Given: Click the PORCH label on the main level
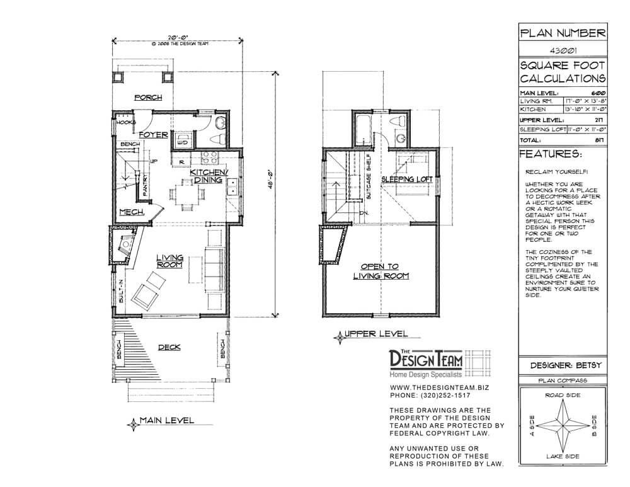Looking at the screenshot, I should (149, 98).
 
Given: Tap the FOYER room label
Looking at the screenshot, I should (153, 135).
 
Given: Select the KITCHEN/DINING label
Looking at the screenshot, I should (209, 176).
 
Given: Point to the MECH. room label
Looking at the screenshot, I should (132, 212).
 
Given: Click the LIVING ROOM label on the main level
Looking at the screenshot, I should (169, 261).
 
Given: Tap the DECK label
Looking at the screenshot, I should (170, 347).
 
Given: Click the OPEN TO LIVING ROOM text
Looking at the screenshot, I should (381, 271).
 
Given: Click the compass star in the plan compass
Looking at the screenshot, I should (563, 424).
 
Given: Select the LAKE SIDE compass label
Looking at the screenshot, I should (563, 455).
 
